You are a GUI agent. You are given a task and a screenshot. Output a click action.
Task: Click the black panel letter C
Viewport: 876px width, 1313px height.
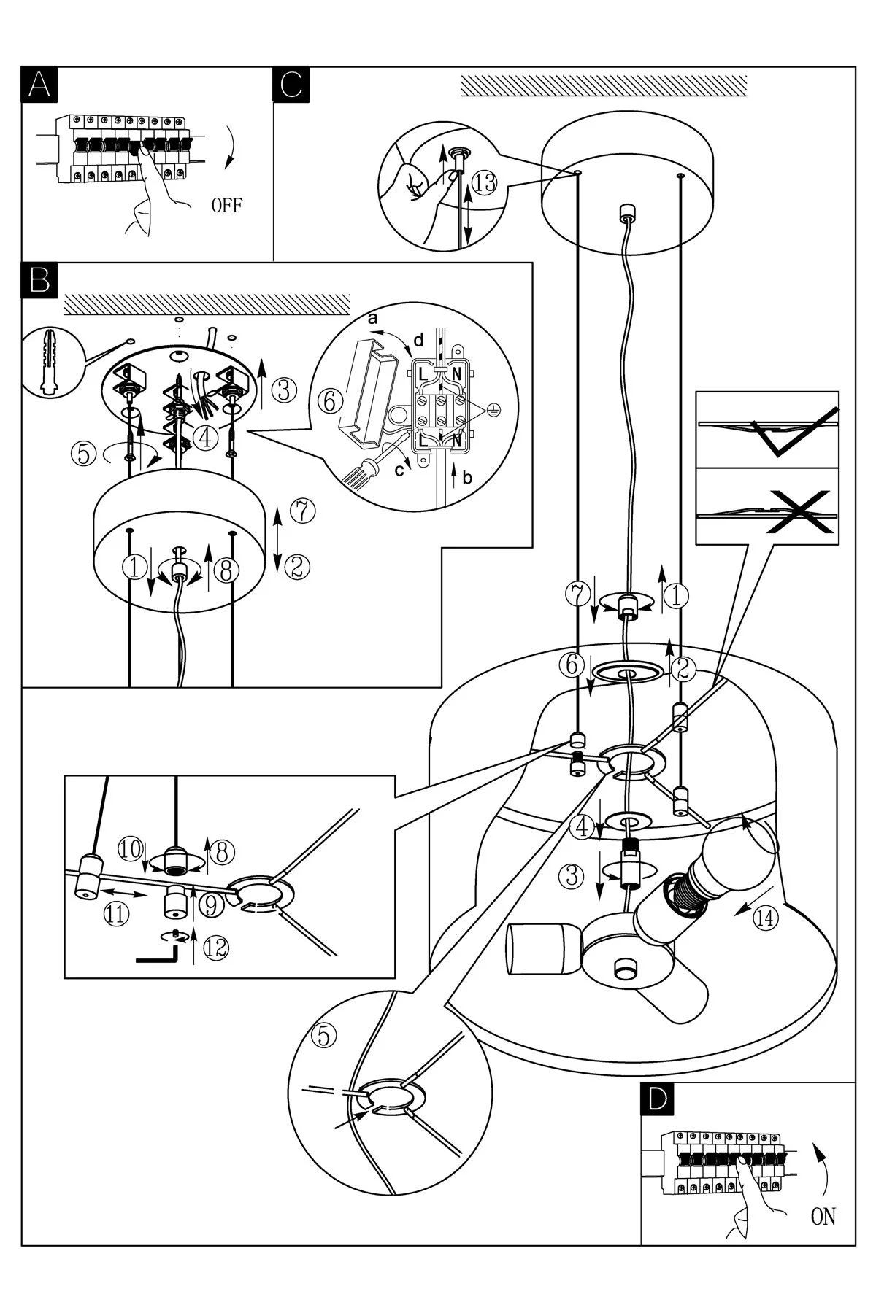click(x=291, y=84)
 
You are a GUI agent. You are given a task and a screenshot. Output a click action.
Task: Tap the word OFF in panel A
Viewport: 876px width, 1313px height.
click(x=226, y=206)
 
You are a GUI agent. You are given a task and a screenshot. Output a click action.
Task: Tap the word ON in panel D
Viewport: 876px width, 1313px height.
click(x=823, y=1217)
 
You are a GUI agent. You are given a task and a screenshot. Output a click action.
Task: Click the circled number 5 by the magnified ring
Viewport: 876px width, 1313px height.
click(x=325, y=1034)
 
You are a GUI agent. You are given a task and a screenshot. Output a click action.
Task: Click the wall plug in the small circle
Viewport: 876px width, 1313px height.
click(x=50, y=362)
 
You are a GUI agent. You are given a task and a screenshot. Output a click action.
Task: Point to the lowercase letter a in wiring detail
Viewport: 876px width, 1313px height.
click(x=373, y=319)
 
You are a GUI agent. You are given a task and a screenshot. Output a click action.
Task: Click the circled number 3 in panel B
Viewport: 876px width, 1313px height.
click(x=285, y=391)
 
